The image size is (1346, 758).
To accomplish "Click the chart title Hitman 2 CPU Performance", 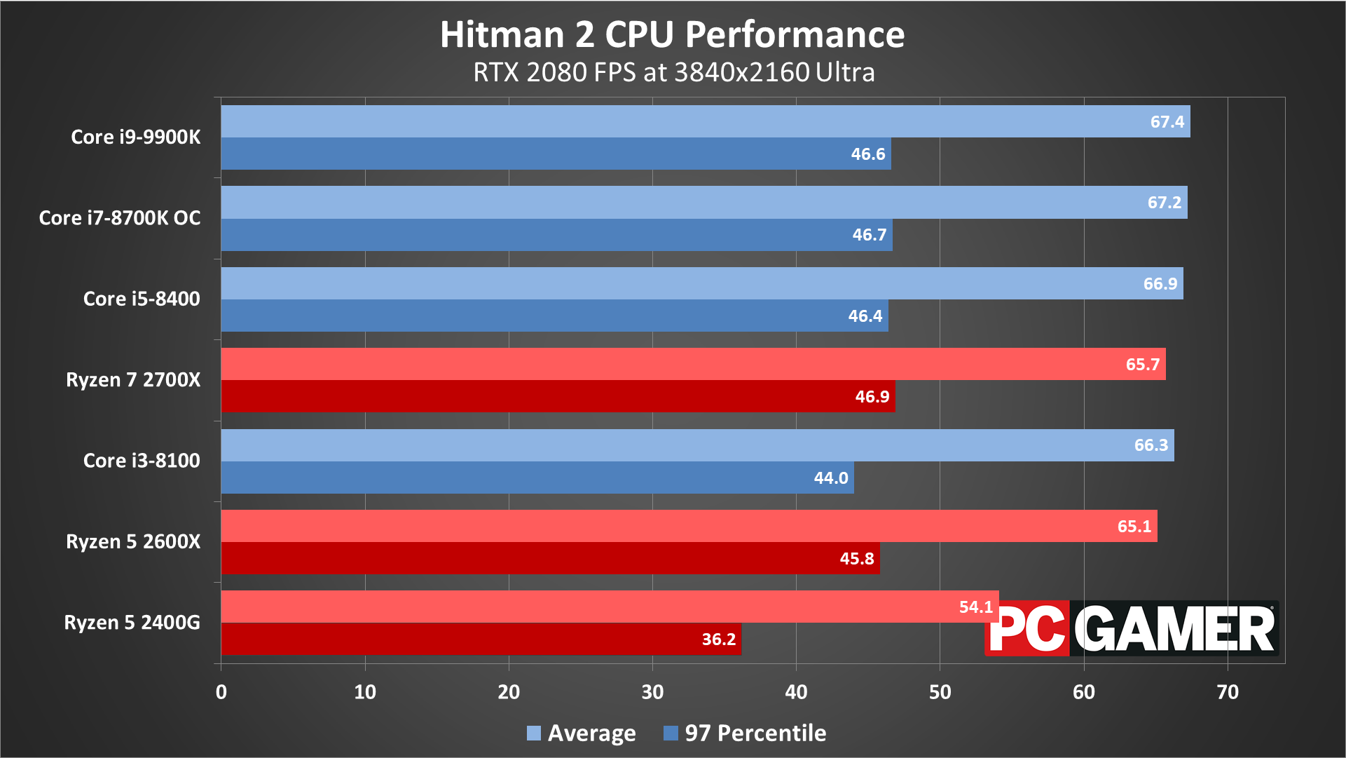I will click(x=672, y=34).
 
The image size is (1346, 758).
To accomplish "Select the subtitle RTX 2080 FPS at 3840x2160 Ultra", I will click(x=673, y=72).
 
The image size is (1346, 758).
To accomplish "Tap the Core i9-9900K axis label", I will click(x=135, y=137).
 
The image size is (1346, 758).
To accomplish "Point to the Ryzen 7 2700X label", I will click(x=132, y=379).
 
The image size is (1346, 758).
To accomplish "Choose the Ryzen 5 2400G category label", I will click(x=132, y=622).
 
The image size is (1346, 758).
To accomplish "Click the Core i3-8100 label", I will click(x=141, y=460).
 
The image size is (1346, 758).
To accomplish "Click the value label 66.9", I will click(x=1160, y=283).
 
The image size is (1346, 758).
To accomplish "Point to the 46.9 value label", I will click(x=872, y=396).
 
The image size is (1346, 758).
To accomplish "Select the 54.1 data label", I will click(x=975, y=607).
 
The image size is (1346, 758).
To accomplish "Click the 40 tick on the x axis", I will click(x=796, y=692).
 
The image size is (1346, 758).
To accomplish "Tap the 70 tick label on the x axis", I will click(x=1227, y=692).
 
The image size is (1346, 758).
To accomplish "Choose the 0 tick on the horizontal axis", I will click(x=221, y=692).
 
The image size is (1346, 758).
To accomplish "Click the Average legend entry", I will click(x=582, y=733).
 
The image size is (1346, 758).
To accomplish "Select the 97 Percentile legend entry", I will click(x=745, y=733).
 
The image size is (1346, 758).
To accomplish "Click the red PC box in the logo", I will click(x=1027, y=628).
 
